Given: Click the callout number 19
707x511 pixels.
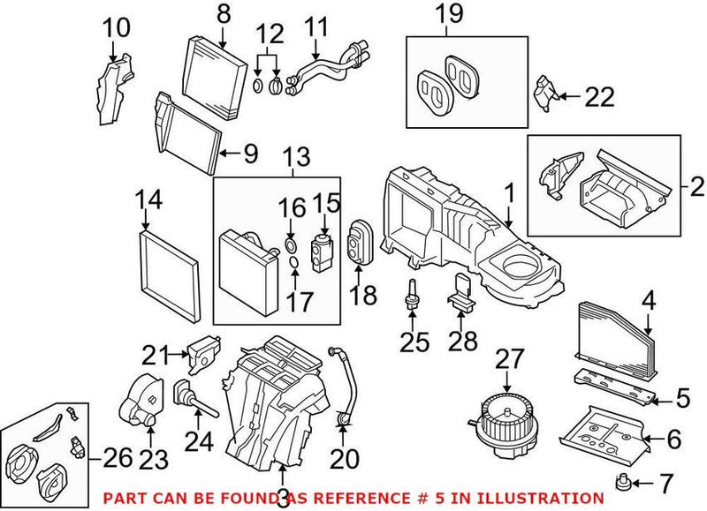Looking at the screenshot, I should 448,13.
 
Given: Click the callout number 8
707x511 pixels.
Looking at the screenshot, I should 223,13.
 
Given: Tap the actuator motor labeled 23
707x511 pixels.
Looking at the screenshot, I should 141,402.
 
